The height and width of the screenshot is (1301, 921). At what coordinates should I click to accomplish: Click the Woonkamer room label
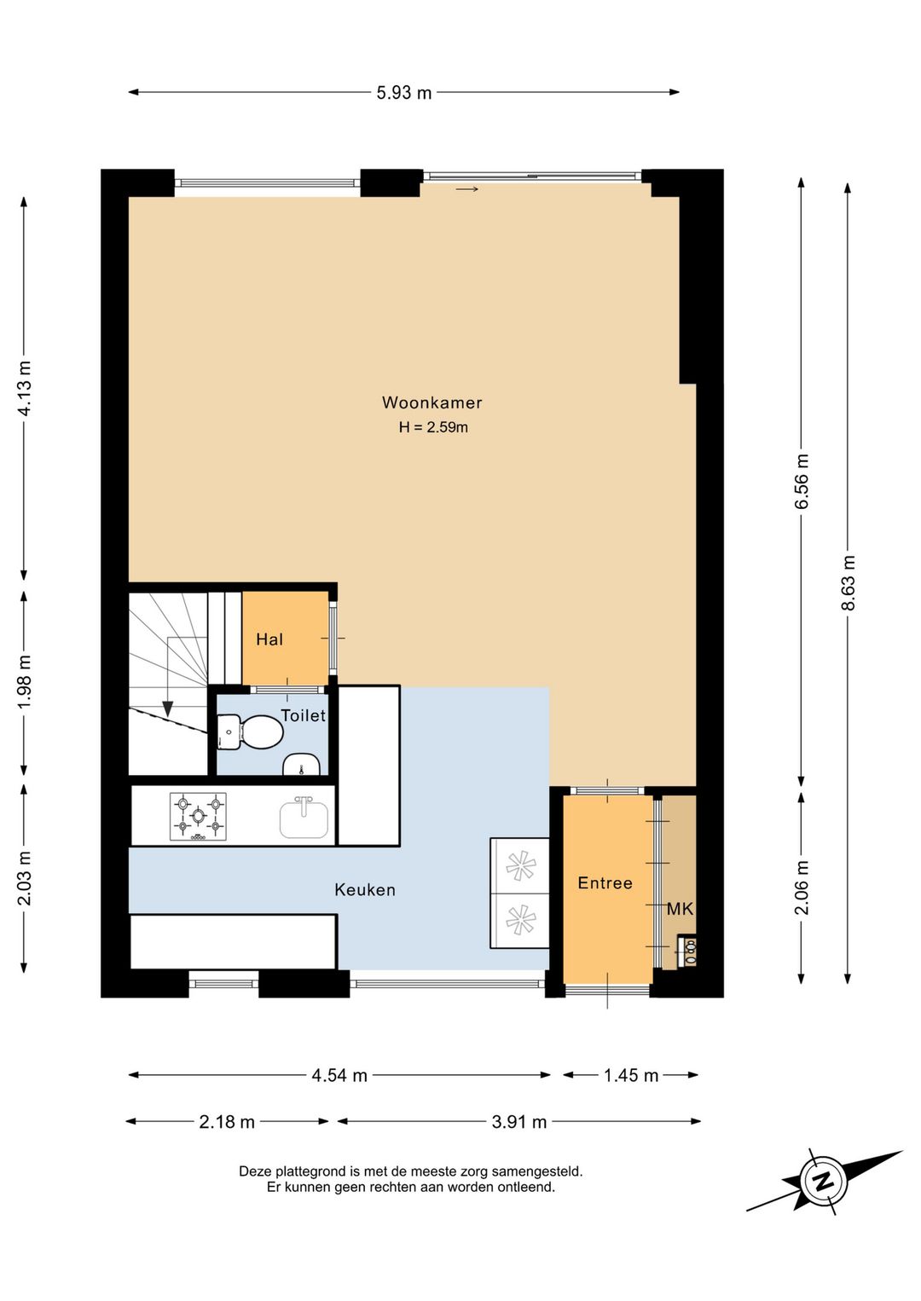point(432,402)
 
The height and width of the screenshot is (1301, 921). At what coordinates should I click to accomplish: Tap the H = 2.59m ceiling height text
point(433,427)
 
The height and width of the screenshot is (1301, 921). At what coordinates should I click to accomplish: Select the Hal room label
point(269,639)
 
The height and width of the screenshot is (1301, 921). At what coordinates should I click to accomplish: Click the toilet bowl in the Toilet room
point(251,731)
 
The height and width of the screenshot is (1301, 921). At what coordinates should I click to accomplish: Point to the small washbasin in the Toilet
point(302,765)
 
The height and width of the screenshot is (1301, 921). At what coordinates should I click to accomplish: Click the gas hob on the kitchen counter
point(198,817)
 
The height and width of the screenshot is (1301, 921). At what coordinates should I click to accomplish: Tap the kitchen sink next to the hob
point(304,818)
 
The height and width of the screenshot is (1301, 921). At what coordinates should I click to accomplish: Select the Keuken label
point(365,890)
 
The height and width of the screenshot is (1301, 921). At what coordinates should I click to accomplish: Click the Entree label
point(605,883)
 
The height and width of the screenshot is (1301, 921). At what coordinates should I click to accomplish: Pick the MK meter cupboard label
point(680,909)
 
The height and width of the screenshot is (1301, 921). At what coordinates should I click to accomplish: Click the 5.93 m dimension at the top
point(404,93)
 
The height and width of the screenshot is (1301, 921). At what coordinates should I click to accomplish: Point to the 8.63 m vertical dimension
point(849,582)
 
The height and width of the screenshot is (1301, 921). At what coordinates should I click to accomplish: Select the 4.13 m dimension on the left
point(25,388)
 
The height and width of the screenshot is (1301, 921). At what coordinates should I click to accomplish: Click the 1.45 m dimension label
point(631,1076)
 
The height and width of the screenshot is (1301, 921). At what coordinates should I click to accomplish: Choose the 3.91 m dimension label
point(519,1122)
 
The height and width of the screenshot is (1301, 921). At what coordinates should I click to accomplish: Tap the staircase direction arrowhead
point(167,708)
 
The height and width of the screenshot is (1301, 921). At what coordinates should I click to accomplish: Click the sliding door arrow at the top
point(467,188)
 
